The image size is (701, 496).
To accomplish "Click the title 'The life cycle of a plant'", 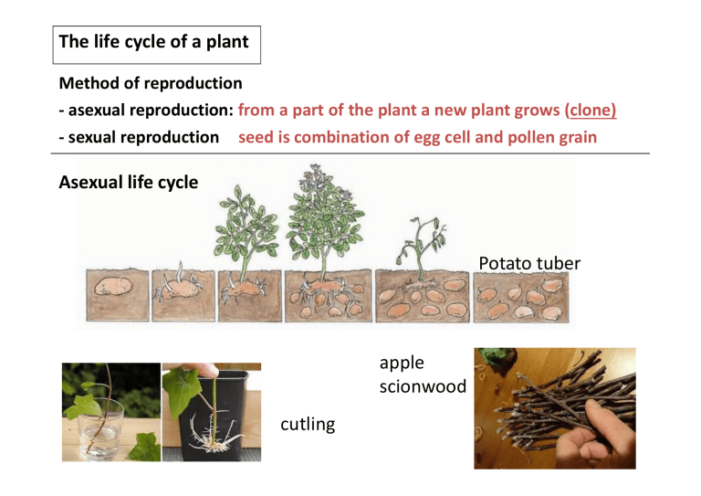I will pos(154,42).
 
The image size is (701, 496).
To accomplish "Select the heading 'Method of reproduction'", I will pos(151,83).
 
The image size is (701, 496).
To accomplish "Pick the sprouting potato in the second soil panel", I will pos(180,290).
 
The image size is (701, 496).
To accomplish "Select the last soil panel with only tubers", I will pos(521,296).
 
